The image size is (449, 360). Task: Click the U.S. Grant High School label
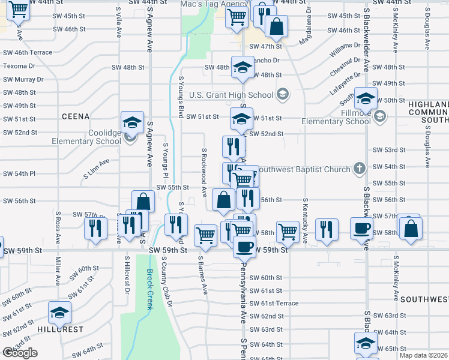click(x=231, y=95)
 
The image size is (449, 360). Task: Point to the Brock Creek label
click(x=150, y=290)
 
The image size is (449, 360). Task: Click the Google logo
click(x=20, y=353)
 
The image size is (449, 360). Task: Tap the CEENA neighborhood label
click(x=75, y=116)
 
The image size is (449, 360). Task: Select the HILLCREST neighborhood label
click(x=60, y=329)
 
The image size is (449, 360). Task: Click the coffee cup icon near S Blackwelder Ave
click(x=362, y=229)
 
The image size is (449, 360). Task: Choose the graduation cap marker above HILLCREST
click(x=59, y=313)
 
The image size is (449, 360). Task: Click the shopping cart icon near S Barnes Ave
click(x=205, y=234)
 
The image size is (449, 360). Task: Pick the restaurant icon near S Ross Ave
click(x=95, y=227)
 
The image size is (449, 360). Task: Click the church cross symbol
click(x=360, y=168)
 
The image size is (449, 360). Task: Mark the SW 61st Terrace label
click(x=274, y=303)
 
